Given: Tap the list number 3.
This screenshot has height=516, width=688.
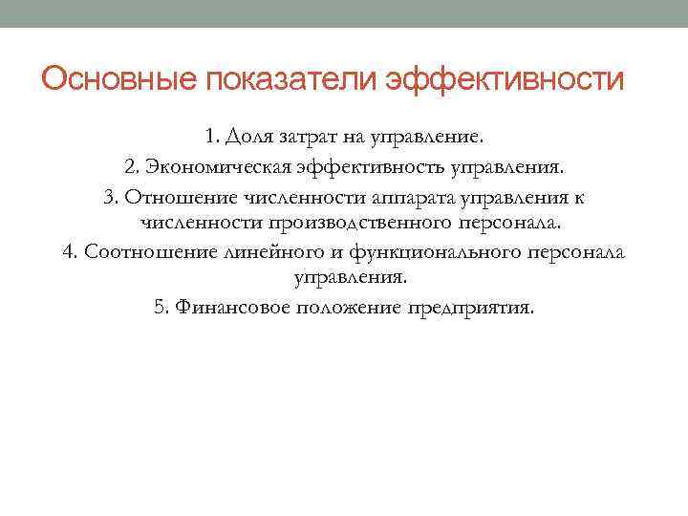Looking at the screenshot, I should click(109, 197).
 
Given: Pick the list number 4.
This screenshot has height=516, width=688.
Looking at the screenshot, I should click(69, 251).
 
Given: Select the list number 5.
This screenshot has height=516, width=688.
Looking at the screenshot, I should click(160, 308).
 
